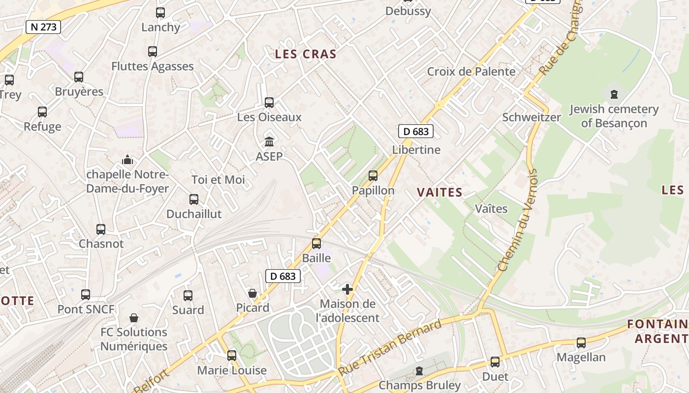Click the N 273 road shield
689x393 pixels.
[43, 27]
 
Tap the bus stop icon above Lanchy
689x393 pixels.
[160, 13]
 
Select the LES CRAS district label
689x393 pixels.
[306, 54]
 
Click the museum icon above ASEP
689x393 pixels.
[269, 142]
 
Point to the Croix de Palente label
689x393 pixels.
[471, 72]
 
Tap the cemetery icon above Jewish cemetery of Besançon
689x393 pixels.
[614, 94]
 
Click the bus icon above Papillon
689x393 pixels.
[373, 175]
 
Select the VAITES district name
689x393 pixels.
[439, 193]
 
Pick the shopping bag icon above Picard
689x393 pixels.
[252, 293]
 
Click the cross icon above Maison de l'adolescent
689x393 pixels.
[347, 289]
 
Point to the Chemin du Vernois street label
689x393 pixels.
[517, 221]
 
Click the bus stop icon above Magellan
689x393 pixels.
[581, 342]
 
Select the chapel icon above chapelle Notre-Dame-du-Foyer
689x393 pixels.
[127, 160]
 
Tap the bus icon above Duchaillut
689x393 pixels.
[194, 199]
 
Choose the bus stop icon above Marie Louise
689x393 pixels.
[232, 355]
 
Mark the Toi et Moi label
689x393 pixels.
[218, 180]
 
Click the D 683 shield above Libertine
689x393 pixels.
[416, 131]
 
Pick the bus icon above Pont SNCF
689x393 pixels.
[86, 295]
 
